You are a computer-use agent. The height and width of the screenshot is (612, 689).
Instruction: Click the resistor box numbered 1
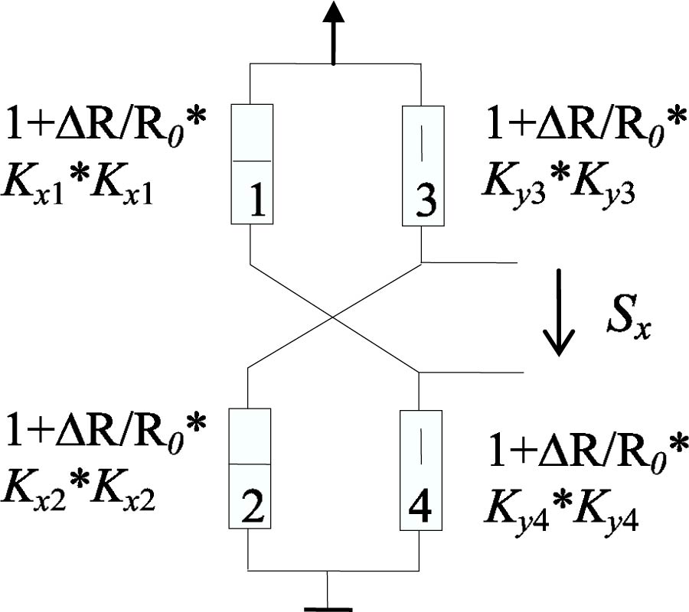(251, 164)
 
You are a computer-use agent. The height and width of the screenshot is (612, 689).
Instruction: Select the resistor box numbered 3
(423, 164)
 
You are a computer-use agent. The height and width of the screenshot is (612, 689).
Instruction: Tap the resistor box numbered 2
(250, 468)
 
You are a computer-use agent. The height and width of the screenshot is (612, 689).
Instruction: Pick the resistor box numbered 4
(421, 468)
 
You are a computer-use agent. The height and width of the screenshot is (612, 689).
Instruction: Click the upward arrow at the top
(333, 31)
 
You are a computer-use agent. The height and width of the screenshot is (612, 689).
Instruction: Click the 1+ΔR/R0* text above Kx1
(106, 125)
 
